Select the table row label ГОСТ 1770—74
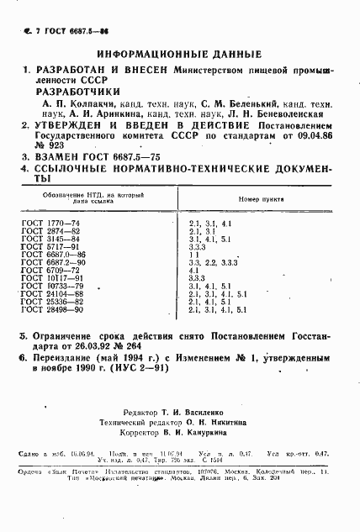point(49,223)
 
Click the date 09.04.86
point(312,134)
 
